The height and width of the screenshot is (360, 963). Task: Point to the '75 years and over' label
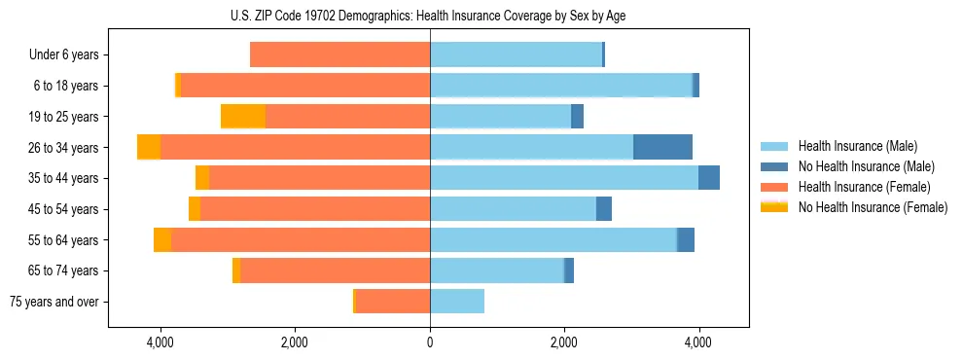[53, 302]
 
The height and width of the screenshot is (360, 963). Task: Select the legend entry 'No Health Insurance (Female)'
[872, 207]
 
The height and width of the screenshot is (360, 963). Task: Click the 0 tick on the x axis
[430, 342]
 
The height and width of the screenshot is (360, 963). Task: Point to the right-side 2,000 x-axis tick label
[564, 342]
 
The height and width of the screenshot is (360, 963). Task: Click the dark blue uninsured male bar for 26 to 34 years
[662, 147]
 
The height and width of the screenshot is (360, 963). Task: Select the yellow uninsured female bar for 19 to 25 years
[243, 117]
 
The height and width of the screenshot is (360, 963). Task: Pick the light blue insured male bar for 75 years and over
[457, 302]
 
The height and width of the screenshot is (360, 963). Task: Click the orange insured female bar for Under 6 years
[339, 55]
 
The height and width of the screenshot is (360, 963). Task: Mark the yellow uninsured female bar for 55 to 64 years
[162, 240]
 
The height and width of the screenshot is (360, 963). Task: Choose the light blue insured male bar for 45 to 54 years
[513, 209]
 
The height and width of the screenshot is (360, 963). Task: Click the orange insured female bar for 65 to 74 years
[335, 270]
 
